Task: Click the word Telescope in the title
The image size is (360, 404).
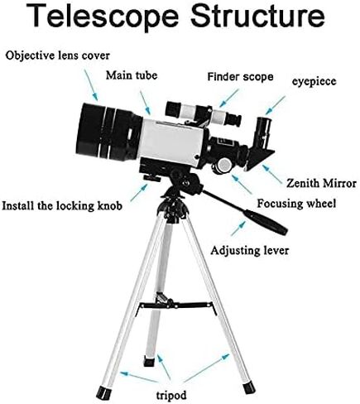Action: click(x=103, y=17)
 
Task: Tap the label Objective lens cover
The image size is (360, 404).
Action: click(x=57, y=55)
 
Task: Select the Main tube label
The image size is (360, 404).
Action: click(x=132, y=75)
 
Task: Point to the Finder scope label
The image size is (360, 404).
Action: click(x=240, y=76)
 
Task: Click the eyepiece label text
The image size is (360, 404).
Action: click(x=314, y=81)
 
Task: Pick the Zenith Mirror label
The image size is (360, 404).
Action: click(x=321, y=183)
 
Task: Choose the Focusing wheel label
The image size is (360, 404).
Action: click(x=296, y=204)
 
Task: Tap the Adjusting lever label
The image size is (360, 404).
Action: click(x=249, y=251)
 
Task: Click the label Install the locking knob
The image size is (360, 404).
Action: click(x=62, y=206)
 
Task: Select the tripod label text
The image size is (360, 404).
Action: click(x=171, y=396)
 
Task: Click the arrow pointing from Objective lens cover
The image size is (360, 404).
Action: click(x=91, y=85)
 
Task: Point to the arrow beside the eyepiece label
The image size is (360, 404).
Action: click(x=275, y=105)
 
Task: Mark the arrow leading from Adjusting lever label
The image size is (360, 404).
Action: click(x=238, y=228)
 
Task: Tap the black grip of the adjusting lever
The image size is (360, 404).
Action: click(x=266, y=222)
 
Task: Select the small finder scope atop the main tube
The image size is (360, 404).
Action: click(x=203, y=113)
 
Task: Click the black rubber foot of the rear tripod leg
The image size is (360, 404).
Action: click(x=149, y=361)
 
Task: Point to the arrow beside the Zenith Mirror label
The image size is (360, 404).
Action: click(x=272, y=175)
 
